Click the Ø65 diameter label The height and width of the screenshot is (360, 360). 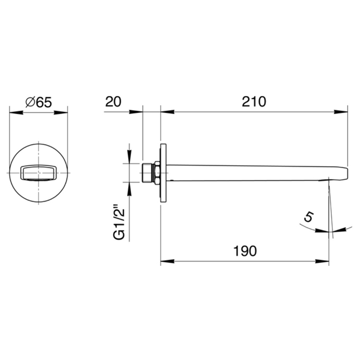click(39, 102)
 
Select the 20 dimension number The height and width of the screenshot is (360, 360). click(113, 101)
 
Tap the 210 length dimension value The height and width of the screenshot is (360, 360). click(254, 101)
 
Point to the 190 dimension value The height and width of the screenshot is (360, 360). click(245, 251)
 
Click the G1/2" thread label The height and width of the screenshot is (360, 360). click(119, 224)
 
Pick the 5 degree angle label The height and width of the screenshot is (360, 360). click(309, 217)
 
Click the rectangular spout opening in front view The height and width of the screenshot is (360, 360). click(39, 172)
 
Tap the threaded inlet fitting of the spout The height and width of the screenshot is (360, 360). click(147, 173)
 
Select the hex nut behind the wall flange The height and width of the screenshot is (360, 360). click(157, 173)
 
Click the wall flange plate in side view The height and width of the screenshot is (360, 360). click(163, 173)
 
